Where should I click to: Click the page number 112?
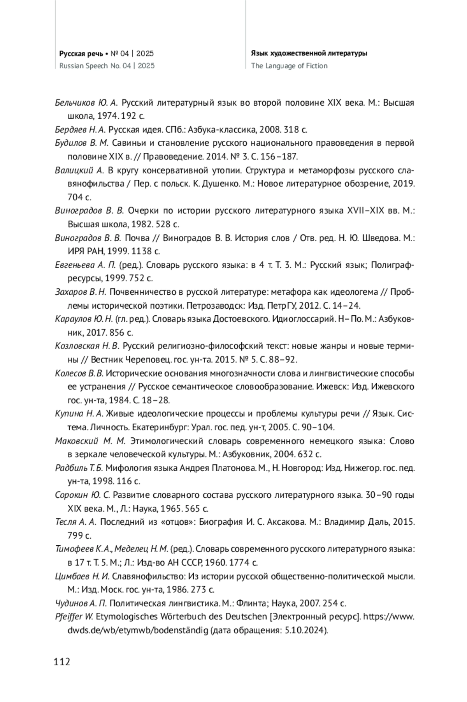63,661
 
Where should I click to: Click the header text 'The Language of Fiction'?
289,66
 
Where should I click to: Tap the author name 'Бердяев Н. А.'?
81,130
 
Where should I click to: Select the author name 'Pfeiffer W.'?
74,617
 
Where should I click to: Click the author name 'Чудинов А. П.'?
81,603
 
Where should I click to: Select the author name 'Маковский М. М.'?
90,441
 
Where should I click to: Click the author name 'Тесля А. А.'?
76,522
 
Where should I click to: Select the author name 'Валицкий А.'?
80,171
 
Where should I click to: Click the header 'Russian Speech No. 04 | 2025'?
107,66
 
